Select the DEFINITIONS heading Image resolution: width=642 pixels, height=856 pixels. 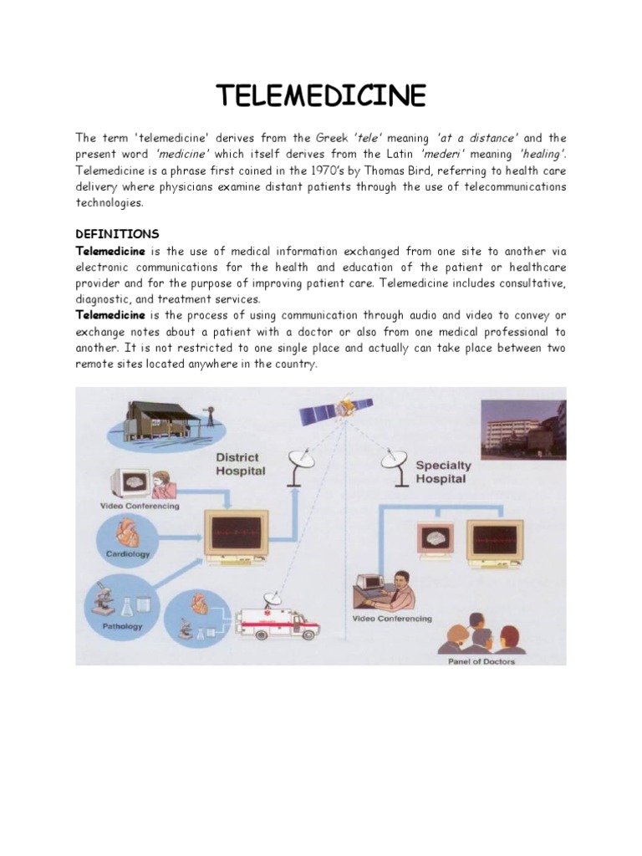click(117, 233)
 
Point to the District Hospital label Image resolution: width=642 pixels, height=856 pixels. click(240, 464)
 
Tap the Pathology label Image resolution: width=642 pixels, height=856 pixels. click(123, 625)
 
